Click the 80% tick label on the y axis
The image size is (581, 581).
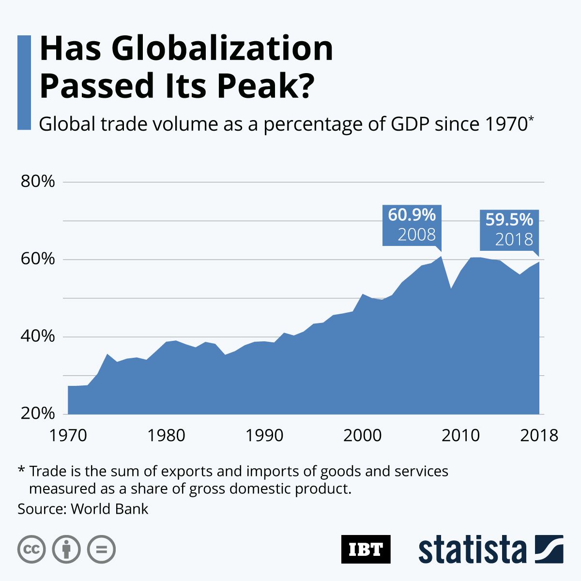tap(37, 182)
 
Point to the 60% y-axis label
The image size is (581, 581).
tap(37, 260)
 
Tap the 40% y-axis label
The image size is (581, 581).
tap(37, 336)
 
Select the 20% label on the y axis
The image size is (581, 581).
tap(37, 414)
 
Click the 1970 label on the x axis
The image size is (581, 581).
tap(68, 435)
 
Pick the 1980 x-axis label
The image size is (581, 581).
tap(166, 435)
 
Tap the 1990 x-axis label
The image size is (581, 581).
tap(264, 435)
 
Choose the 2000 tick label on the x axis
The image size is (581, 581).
tap(362, 435)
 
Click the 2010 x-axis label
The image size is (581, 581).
tap(460, 435)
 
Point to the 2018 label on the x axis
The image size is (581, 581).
tap(538, 435)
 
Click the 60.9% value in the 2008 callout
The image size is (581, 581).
tap(412, 214)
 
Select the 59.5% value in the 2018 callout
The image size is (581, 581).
tap(509, 220)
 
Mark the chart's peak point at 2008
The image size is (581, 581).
tap(440, 256)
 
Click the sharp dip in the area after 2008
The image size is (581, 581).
tap(450, 289)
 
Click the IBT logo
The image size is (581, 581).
tap(366, 549)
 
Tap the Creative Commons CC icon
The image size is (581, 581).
tap(31, 550)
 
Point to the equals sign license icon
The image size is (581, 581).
tap(101, 550)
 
